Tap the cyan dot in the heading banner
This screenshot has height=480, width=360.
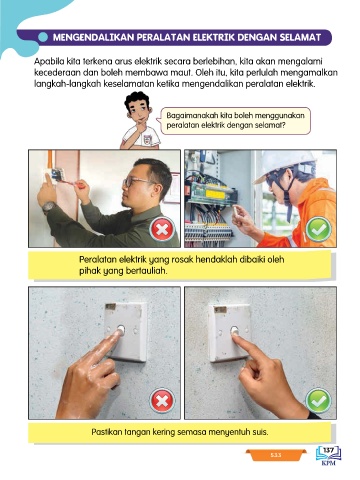click(43, 37)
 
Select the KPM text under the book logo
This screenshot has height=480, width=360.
click(329, 463)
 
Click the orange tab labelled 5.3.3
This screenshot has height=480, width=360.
click(276, 455)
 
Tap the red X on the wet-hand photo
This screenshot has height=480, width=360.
click(162, 401)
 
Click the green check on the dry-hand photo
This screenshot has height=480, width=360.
click(318, 401)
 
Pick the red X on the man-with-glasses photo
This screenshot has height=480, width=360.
click(162, 229)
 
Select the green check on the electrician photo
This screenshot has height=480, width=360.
click(318, 229)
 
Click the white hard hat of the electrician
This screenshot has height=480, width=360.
click(286, 165)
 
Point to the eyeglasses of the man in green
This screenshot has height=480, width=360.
click(136, 182)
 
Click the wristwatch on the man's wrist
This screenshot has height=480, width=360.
click(49, 207)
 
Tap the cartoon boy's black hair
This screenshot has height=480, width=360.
click(138, 99)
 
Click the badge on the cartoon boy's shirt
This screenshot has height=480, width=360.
click(148, 139)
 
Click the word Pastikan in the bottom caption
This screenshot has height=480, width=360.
click(106, 432)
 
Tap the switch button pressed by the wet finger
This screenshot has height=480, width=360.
click(120, 330)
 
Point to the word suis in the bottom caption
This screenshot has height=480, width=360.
click(261, 432)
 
